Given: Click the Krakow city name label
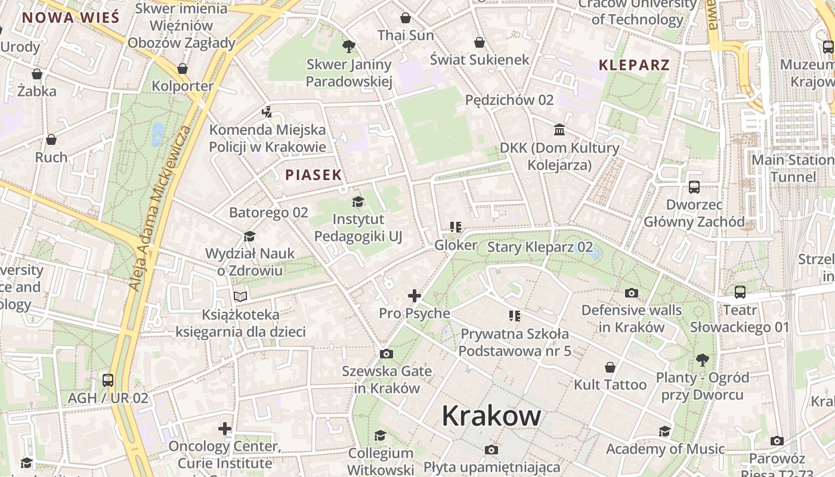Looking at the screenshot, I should coord(491,416).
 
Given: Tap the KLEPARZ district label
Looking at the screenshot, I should coord(634,65).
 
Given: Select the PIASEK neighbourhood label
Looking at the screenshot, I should coord(313,175).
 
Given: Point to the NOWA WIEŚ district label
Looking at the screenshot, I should coord(70,17).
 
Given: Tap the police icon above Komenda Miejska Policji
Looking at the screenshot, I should coord(267,111).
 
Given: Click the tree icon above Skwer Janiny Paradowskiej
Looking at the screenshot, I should coord(349,46).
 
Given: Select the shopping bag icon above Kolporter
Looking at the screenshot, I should coord(183,69).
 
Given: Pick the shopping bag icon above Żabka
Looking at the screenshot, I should coord(37,74).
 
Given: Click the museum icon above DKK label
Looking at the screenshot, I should coord(559,129).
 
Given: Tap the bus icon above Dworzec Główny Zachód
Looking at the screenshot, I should coord(694,187).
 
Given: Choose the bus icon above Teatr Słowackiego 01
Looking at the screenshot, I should coord(740,292).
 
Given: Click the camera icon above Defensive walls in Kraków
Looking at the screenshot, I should coord(631,293).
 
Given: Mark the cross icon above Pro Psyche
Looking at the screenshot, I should coord(415,295).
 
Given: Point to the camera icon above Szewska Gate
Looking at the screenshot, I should coord(386,354).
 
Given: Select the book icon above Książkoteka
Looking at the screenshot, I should coord(240,296).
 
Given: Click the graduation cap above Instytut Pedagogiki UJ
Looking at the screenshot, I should coord(358,202).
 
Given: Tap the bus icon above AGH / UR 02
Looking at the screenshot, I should coord(108,380).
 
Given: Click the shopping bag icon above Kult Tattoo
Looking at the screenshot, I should coord(610,367).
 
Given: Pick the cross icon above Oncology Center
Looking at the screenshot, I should coord(224,429).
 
